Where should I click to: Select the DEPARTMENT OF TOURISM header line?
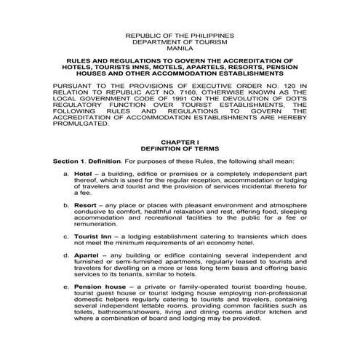pyautogui.click(x=180, y=41)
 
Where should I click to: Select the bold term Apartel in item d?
pyautogui.click(x=88, y=256)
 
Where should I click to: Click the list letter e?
pyautogui.click(x=66, y=288)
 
